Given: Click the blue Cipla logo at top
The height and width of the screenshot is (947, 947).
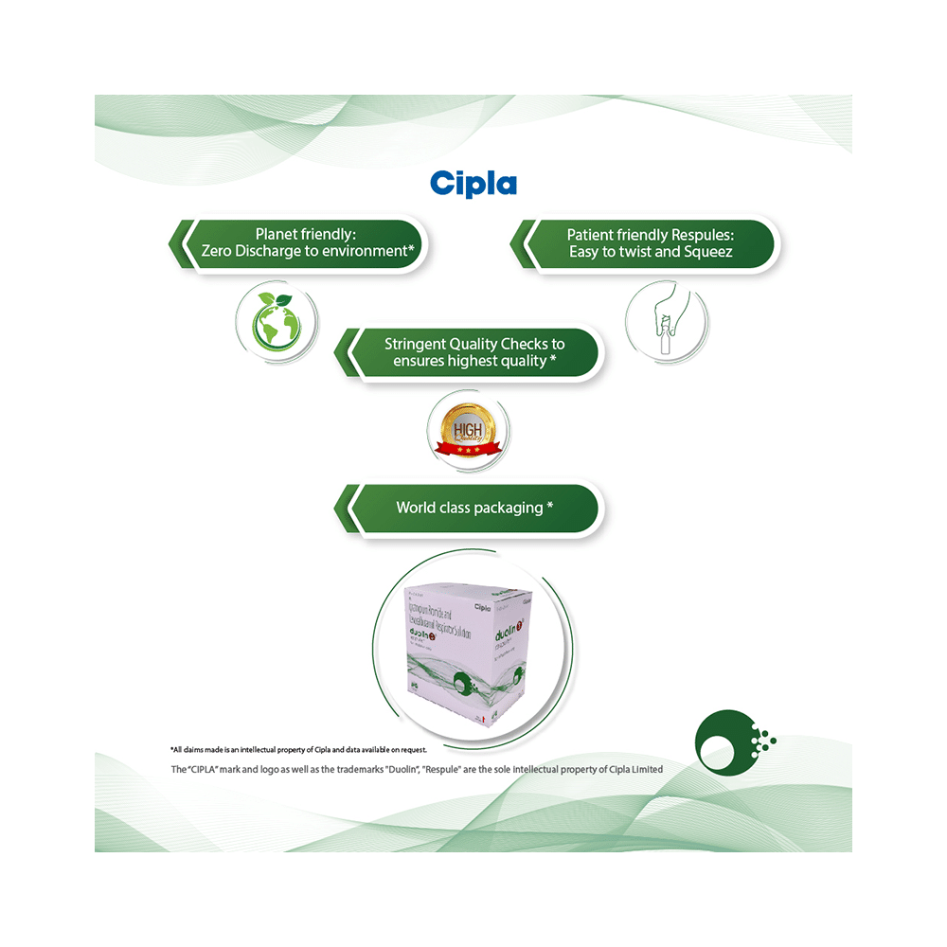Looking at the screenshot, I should (x=473, y=182).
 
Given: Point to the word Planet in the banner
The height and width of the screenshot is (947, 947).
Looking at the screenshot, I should (x=278, y=234).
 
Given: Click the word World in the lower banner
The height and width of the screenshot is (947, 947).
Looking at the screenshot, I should (x=416, y=508).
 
